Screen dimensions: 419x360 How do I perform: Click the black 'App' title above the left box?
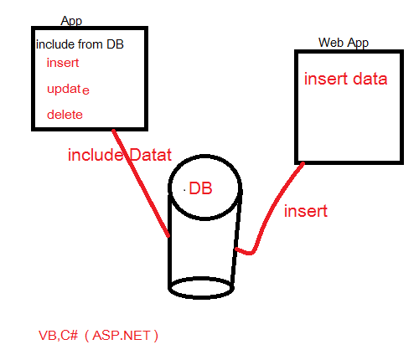71,21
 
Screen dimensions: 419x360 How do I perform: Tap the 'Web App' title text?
344,43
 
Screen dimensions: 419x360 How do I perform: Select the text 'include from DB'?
80,44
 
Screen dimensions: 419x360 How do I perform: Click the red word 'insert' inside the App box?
63,63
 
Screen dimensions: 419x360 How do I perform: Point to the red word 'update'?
68,90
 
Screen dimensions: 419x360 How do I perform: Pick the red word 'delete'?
65,115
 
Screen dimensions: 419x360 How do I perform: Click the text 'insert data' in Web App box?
346,79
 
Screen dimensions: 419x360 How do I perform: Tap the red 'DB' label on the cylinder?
200,188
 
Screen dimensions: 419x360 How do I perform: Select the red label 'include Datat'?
120,155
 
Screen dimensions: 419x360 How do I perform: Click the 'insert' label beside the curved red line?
306,211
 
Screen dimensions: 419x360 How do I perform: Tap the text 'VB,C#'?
59,336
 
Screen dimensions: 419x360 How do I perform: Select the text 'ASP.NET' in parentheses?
122,336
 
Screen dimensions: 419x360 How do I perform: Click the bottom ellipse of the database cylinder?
201,288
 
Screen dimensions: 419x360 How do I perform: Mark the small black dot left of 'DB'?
184,190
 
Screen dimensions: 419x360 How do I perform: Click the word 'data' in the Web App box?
370,79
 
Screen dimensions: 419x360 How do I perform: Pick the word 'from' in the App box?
90,44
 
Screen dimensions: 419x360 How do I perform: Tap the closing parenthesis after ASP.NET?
156,336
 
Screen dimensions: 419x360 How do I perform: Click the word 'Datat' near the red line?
150,155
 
